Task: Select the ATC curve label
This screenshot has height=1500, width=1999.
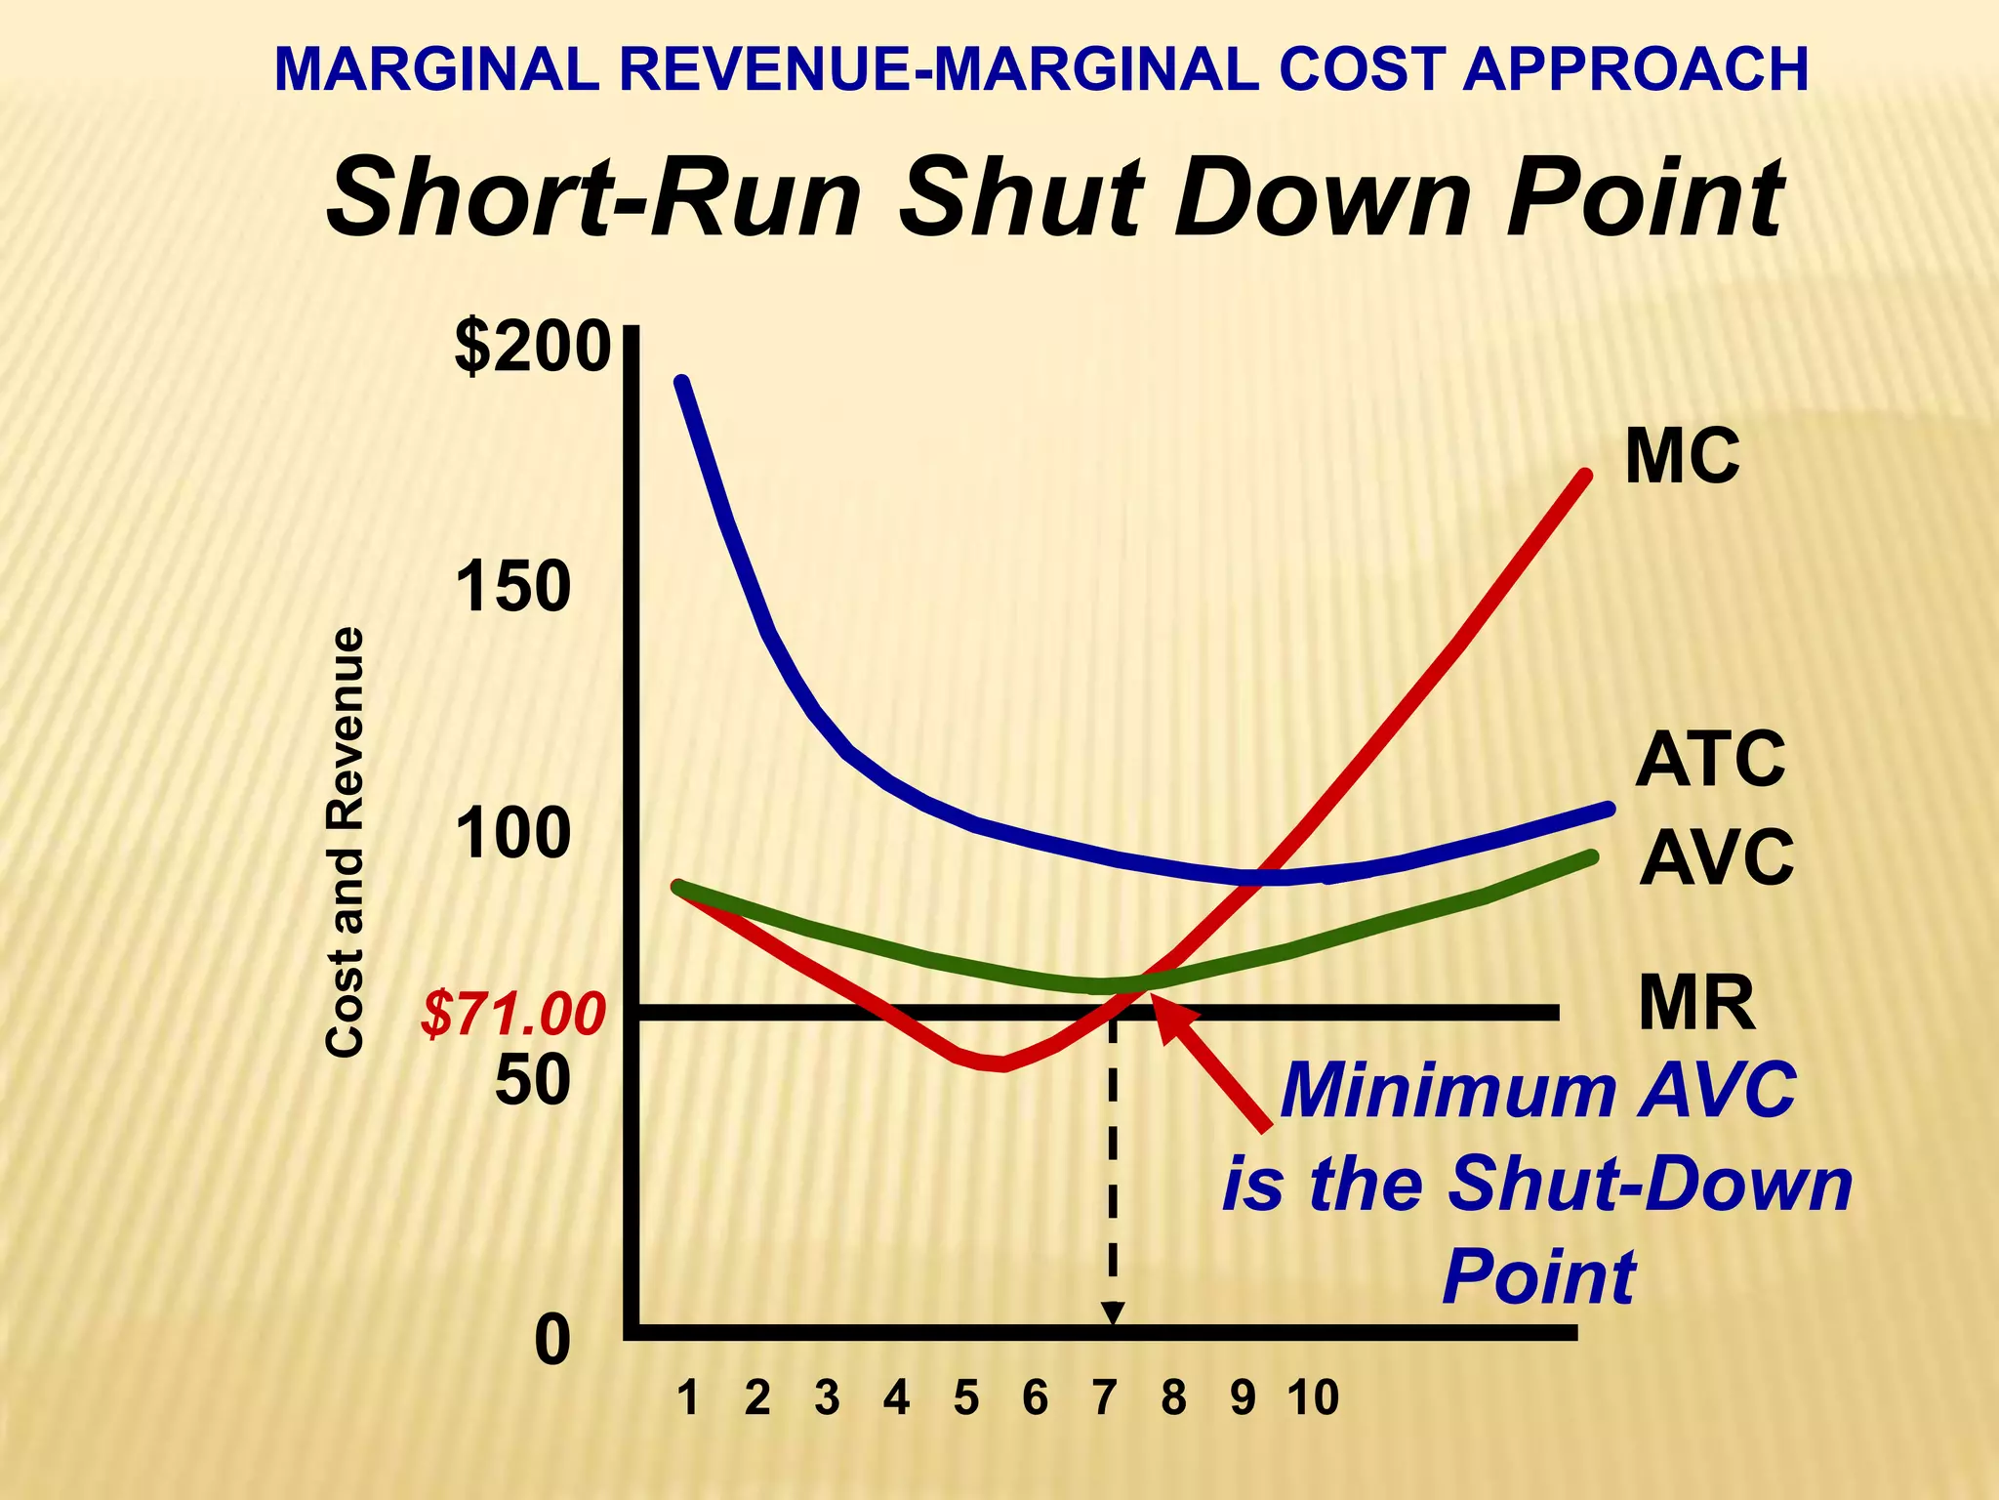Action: (x=1710, y=760)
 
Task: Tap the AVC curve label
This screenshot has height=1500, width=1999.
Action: (x=1716, y=857)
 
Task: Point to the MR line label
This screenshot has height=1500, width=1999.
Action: (x=1696, y=1003)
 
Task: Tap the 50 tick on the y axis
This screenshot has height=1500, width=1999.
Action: (x=532, y=1080)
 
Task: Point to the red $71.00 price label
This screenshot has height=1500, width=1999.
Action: (x=513, y=1015)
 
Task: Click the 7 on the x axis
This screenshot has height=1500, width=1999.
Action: (x=1104, y=1398)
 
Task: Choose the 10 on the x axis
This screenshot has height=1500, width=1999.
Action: (x=1313, y=1398)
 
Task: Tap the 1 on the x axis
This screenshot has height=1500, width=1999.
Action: (x=688, y=1398)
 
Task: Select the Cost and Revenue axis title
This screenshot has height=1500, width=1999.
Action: (x=345, y=842)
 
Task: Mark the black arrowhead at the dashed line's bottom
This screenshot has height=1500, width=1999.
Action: (x=1112, y=1314)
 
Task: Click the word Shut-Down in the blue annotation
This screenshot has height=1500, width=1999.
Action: (x=1650, y=1184)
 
